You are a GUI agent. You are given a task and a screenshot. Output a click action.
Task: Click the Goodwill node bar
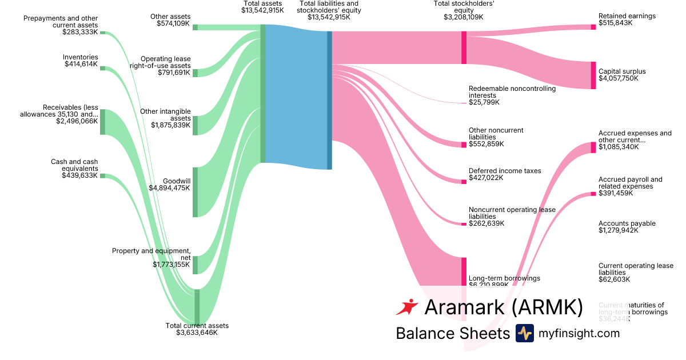195,192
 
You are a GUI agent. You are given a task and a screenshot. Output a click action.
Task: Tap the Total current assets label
197,326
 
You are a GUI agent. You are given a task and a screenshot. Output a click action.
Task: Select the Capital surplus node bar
593,75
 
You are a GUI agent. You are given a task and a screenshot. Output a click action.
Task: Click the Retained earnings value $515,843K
619,23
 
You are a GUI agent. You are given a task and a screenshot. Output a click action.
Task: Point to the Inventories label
81,57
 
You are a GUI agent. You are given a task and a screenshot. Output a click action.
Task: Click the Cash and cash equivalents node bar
103,176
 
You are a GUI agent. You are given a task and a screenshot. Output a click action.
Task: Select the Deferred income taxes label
505,171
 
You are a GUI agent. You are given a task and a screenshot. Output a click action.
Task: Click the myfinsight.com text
579,333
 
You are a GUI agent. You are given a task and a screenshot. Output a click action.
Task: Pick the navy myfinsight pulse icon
524,333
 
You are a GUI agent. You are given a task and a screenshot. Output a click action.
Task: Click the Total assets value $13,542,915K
262,10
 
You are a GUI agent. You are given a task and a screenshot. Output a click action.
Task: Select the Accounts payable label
627,223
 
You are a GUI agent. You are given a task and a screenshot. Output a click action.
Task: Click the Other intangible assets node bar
195,125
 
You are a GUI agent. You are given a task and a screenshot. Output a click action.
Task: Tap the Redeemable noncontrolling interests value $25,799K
484,102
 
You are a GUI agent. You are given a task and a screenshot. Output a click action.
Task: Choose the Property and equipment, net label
151,251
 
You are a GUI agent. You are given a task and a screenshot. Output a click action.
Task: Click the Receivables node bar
103,122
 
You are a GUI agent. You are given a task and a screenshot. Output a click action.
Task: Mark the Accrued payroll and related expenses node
593,194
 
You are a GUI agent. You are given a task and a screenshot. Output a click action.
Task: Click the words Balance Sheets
452,333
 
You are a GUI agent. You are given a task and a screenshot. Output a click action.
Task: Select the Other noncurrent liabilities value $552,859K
486,144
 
